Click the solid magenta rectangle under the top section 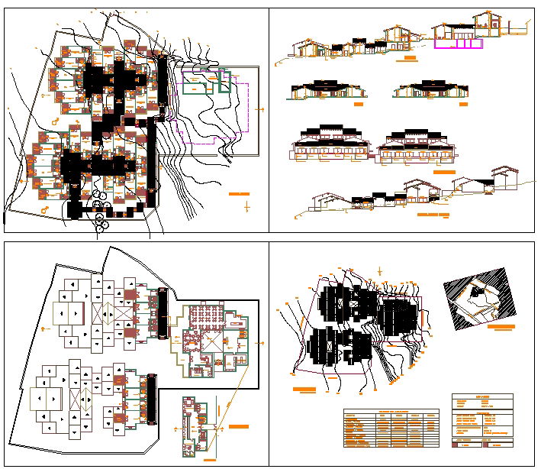point(459,44)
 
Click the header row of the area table point(391,412)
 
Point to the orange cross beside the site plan point(246,206)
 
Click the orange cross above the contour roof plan point(380,270)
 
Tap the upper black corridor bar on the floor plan point(162,313)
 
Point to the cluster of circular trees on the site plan point(100,210)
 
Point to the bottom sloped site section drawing point(412,196)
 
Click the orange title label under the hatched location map point(501,327)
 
